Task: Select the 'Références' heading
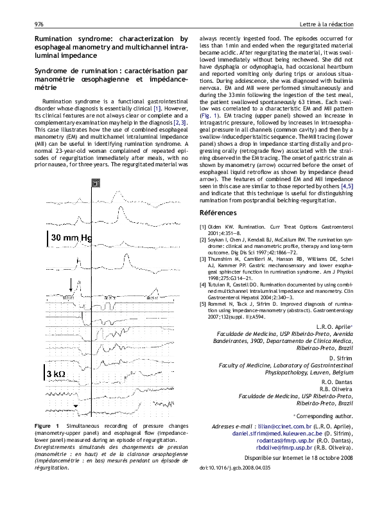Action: (218, 212)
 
